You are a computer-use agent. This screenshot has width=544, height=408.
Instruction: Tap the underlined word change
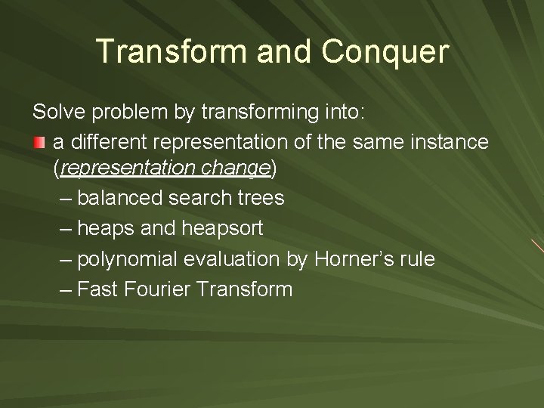click(x=234, y=170)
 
